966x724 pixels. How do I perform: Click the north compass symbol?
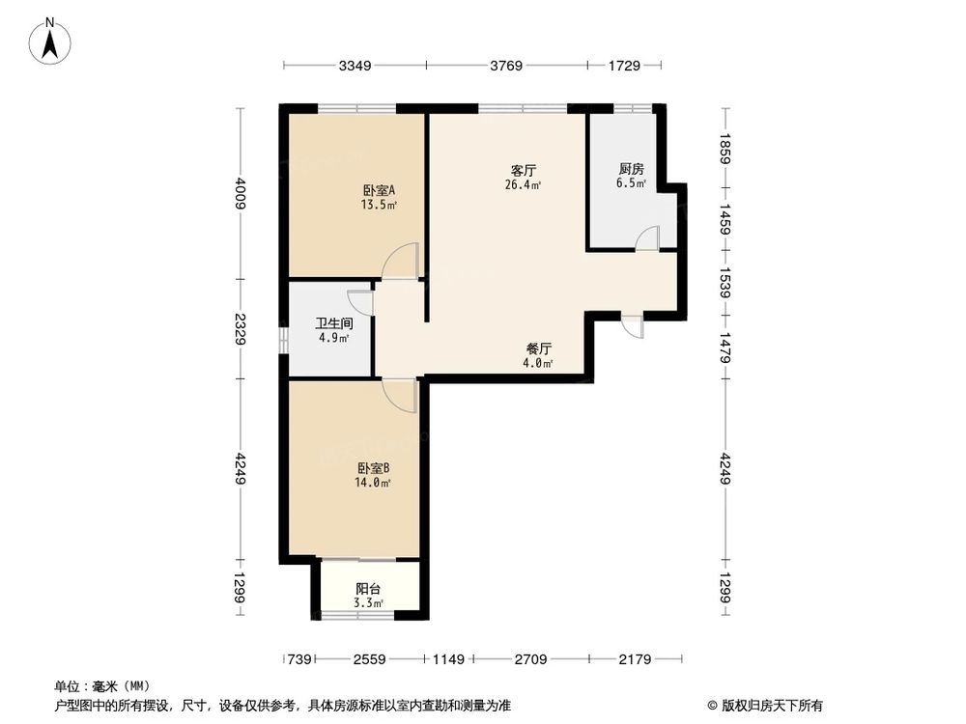click(x=51, y=42)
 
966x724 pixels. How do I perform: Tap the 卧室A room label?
click(x=379, y=190)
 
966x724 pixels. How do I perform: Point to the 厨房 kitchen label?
click(x=631, y=168)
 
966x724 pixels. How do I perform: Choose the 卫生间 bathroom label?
click(x=333, y=324)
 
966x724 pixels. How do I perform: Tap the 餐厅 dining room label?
click(x=538, y=348)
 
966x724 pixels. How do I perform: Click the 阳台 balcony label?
click(x=367, y=588)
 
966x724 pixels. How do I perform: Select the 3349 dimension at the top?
click(x=355, y=66)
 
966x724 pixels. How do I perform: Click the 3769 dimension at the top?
click(x=506, y=66)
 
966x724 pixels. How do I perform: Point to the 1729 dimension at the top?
click(x=624, y=66)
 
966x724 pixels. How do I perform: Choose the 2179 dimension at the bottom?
click(x=636, y=659)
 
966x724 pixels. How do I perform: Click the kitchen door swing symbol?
click(x=647, y=238)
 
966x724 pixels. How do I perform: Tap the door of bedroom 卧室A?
click(x=400, y=262)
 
